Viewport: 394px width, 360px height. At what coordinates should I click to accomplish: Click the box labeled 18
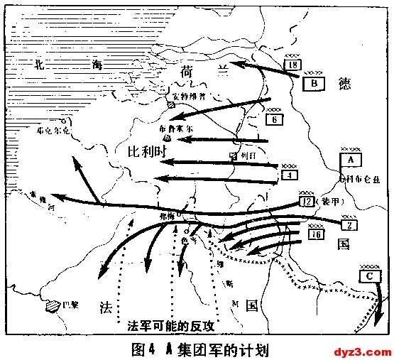292,66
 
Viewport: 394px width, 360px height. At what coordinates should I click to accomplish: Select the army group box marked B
313,83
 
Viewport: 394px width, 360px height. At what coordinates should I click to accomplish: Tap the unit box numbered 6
274,120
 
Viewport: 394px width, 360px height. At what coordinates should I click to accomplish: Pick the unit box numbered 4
288,175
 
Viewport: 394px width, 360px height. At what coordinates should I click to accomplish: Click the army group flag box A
352,160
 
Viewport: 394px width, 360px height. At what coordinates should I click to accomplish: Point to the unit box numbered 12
307,202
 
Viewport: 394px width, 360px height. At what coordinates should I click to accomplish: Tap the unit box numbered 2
349,226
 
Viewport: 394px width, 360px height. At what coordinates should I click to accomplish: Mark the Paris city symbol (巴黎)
51,306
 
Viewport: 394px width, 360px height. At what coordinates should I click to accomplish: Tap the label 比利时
147,153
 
